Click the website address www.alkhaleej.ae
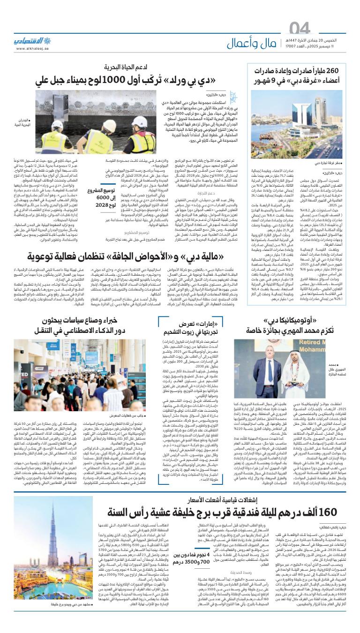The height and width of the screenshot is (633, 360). coord(33,48)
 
